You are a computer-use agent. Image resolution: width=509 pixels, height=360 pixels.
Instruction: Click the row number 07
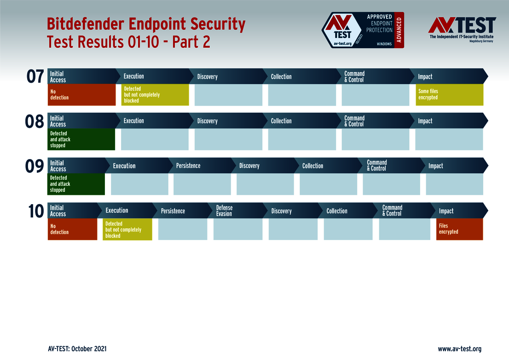coord(35,76)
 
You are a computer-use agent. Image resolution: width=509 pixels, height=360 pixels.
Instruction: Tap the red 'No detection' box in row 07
coord(81,95)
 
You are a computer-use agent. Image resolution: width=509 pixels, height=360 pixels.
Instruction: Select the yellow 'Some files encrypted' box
coord(449,95)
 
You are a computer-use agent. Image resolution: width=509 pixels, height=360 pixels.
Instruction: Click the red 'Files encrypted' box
coord(459,229)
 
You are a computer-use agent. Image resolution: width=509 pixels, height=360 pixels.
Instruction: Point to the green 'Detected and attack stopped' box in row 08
coord(81,139)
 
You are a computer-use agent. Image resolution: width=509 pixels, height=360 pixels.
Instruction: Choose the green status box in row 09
coord(76,184)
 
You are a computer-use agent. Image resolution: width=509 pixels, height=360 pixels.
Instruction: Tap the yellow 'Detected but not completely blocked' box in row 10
coord(127,229)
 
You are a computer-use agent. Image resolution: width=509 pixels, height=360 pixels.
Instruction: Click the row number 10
coord(36,211)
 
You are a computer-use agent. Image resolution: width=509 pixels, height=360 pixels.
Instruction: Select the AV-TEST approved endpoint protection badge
coord(363,30)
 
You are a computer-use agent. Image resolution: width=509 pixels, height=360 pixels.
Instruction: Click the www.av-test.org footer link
coord(459,349)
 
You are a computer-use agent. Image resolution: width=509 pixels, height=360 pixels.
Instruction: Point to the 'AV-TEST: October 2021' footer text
coord(77,349)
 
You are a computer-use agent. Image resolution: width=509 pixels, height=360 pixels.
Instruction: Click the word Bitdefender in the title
coord(86,24)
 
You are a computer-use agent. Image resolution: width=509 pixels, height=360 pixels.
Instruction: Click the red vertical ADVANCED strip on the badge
coord(399,30)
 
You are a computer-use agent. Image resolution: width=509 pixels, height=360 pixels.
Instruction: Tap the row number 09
coord(35,166)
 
